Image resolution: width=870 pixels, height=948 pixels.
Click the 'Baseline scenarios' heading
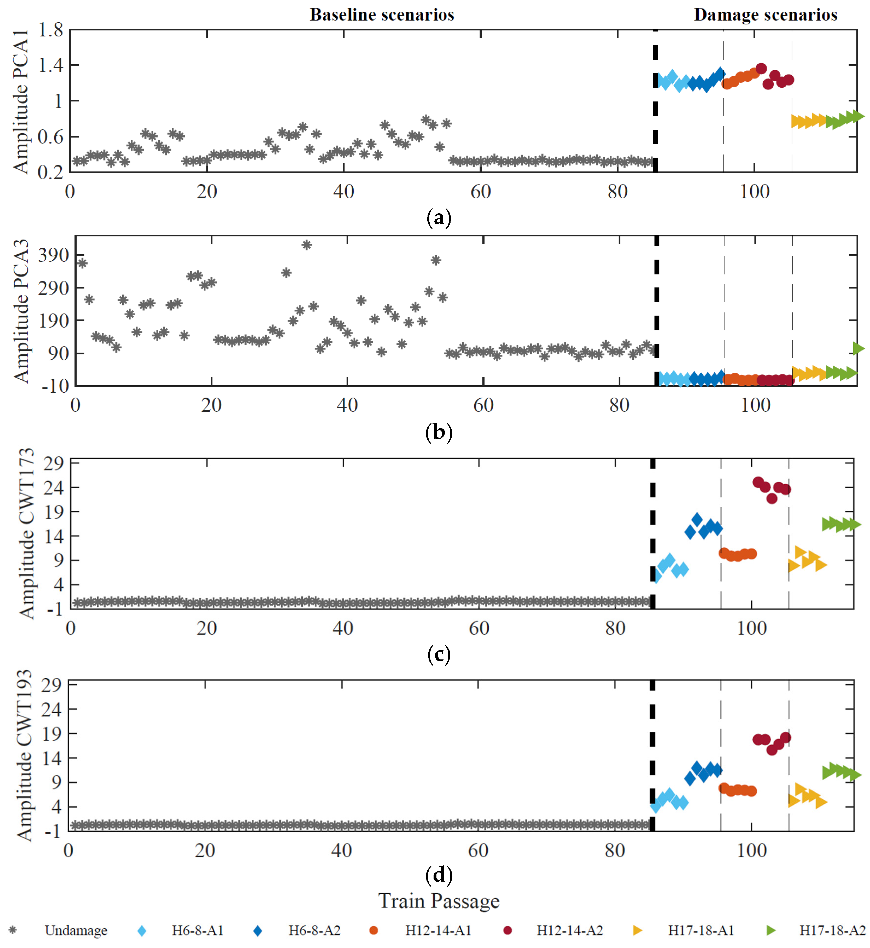click(382, 15)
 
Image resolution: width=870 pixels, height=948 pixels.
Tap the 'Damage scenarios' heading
click(765, 15)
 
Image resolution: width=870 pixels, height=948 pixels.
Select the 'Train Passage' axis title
click(439, 901)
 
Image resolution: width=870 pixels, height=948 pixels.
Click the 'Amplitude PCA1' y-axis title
click(21, 101)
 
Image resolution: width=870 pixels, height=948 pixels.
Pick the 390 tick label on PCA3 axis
click(53, 255)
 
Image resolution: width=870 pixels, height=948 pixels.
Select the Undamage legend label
click(76, 930)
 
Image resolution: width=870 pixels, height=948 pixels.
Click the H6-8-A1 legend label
click(197, 930)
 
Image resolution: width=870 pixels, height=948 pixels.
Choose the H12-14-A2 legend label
click(570, 930)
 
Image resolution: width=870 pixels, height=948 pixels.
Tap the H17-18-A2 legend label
click(832, 930)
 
